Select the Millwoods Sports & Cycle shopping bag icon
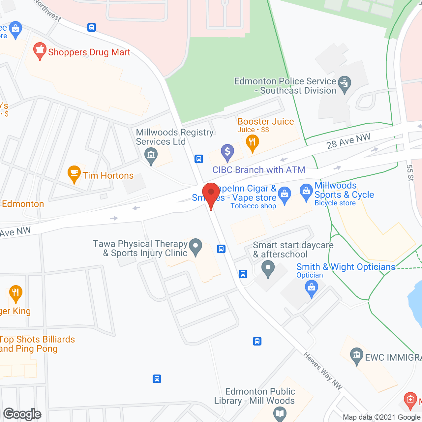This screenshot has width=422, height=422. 306,192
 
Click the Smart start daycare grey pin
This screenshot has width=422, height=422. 268,269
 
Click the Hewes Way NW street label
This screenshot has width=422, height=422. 323,371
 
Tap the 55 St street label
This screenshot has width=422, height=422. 410,173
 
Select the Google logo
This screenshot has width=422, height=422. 22,414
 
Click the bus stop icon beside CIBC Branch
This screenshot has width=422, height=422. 198,159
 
